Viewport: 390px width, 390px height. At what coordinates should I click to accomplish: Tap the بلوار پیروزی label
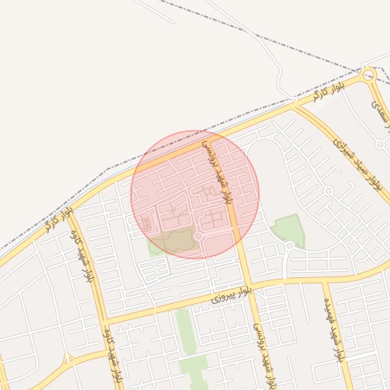[x=229, y=294]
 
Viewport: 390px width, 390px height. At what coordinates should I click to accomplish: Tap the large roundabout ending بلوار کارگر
[x=369, y=75]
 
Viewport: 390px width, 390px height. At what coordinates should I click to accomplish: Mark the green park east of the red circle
[x=289, y=229]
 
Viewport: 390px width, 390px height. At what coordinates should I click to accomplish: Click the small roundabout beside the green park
[x=289, y=245]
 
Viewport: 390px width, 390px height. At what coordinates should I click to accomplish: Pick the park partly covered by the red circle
[x=175, y=241]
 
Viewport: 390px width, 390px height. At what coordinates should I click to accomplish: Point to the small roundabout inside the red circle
[x=197, y=237]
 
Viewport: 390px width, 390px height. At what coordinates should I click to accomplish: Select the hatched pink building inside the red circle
[x=145, y=223]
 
